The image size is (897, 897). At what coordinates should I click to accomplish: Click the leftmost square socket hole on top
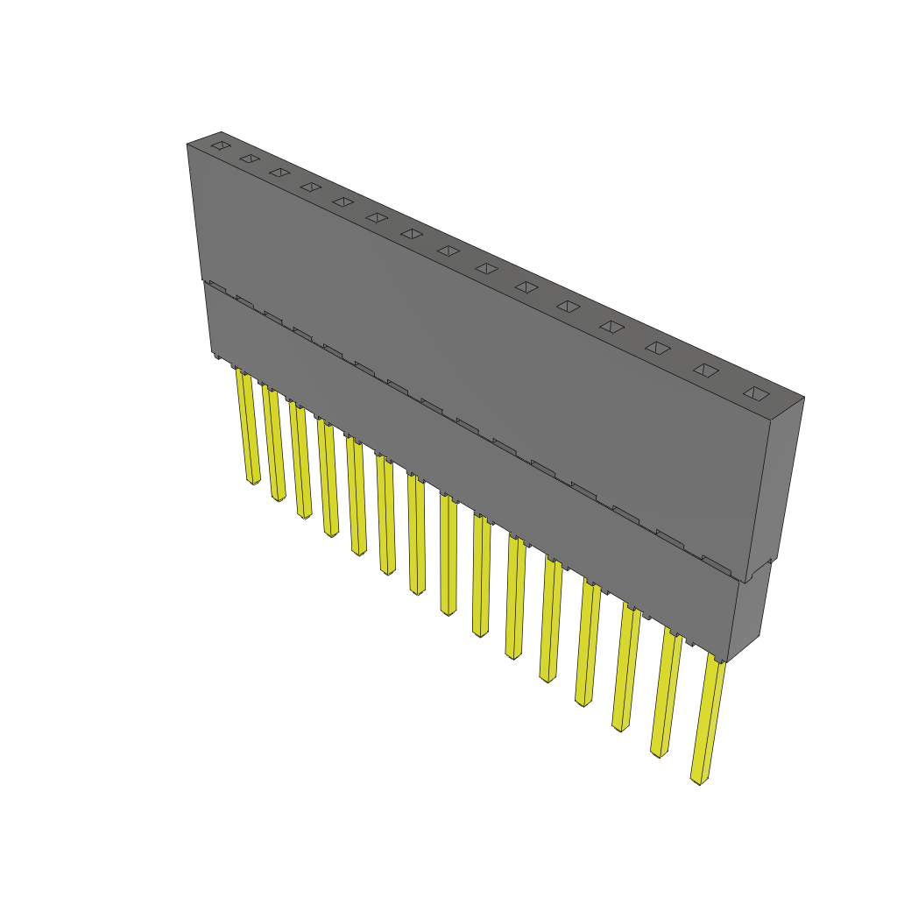[x=221, y=145]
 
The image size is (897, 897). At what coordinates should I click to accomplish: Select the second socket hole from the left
[x=250, y=159]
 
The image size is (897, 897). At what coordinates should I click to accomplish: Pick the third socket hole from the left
[x=279, y=172]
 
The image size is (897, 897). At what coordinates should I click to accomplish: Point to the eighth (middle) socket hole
[x=448, y=251]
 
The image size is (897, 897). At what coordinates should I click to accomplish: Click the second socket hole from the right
[x=706, y=370]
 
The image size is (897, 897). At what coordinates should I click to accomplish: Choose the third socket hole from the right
[x=658, y=348]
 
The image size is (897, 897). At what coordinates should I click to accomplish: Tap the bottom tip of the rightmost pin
[x=699, y=779]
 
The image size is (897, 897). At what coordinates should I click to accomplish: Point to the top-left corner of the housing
[x=188, y=144]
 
